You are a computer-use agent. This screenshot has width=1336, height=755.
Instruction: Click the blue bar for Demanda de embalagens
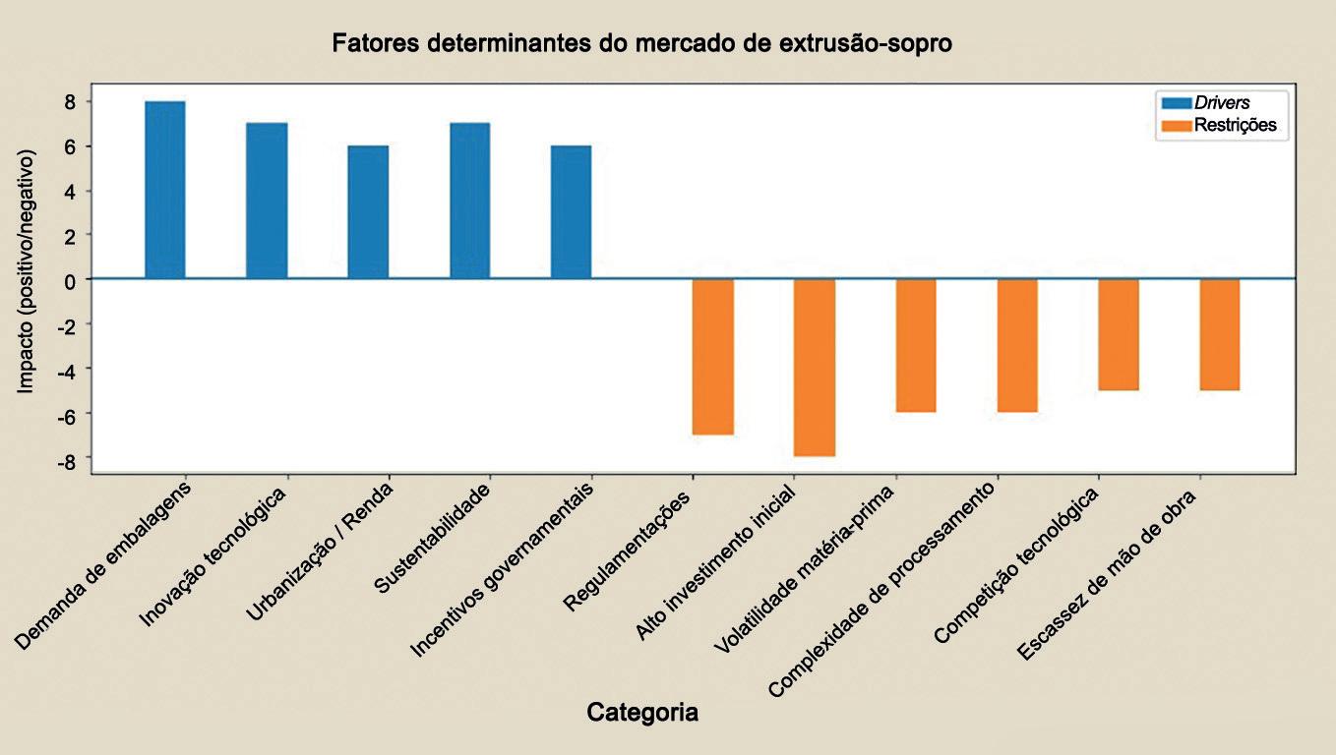(x=165, y=190)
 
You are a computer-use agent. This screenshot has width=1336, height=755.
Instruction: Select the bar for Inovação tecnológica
(x=267, y=201)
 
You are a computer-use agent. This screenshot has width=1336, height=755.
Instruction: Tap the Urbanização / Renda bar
(x=368, y=212)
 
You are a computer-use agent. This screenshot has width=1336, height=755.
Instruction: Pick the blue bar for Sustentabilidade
(x=470, y=201)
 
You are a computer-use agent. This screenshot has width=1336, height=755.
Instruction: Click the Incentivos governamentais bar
(x=572, y=212)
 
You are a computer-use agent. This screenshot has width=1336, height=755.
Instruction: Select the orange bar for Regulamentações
(x=712, y=357)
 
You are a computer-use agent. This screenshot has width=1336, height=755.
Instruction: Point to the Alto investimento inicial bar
(x=815, y=368)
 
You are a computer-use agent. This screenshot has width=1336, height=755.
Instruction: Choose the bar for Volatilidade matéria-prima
(x=916, y=346)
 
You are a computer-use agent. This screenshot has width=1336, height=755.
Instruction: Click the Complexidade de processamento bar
(x=1017, y=346)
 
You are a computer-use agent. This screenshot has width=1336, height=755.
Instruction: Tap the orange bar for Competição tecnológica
(x=1119, y=335)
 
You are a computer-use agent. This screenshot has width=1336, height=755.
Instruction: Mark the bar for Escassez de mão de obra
(x=1220, y=335)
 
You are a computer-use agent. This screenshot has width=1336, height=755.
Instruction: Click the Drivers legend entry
(x=1222, y=103)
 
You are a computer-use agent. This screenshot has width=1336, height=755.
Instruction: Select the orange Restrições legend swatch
(x=1177, y=126)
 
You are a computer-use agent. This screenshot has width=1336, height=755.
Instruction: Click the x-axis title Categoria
(x=642, y=712)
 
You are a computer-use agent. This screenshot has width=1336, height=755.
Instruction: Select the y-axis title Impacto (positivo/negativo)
(x=25, y=271)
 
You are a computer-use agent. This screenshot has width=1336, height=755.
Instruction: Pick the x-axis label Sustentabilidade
(x=433, y=539)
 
